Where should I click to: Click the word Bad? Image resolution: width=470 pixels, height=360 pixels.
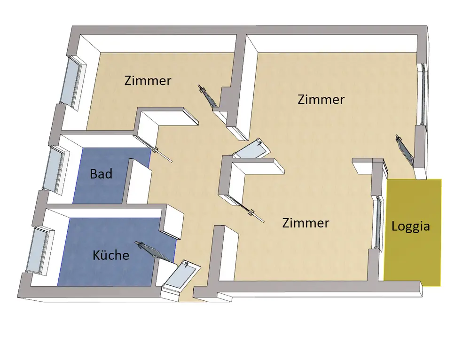[x=101, y=174]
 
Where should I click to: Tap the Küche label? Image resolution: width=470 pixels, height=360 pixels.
[x=111, y=255]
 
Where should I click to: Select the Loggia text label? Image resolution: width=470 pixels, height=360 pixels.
[x=411, y=226]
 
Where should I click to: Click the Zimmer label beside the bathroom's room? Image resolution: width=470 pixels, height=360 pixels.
[x=148, y=80]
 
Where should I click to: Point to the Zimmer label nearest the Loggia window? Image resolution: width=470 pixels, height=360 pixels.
[x=305, y=223]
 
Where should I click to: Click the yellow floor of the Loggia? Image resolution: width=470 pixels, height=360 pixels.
[x=414, y=254]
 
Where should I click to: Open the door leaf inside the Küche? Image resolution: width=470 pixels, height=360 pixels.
[x=156, y=251]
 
